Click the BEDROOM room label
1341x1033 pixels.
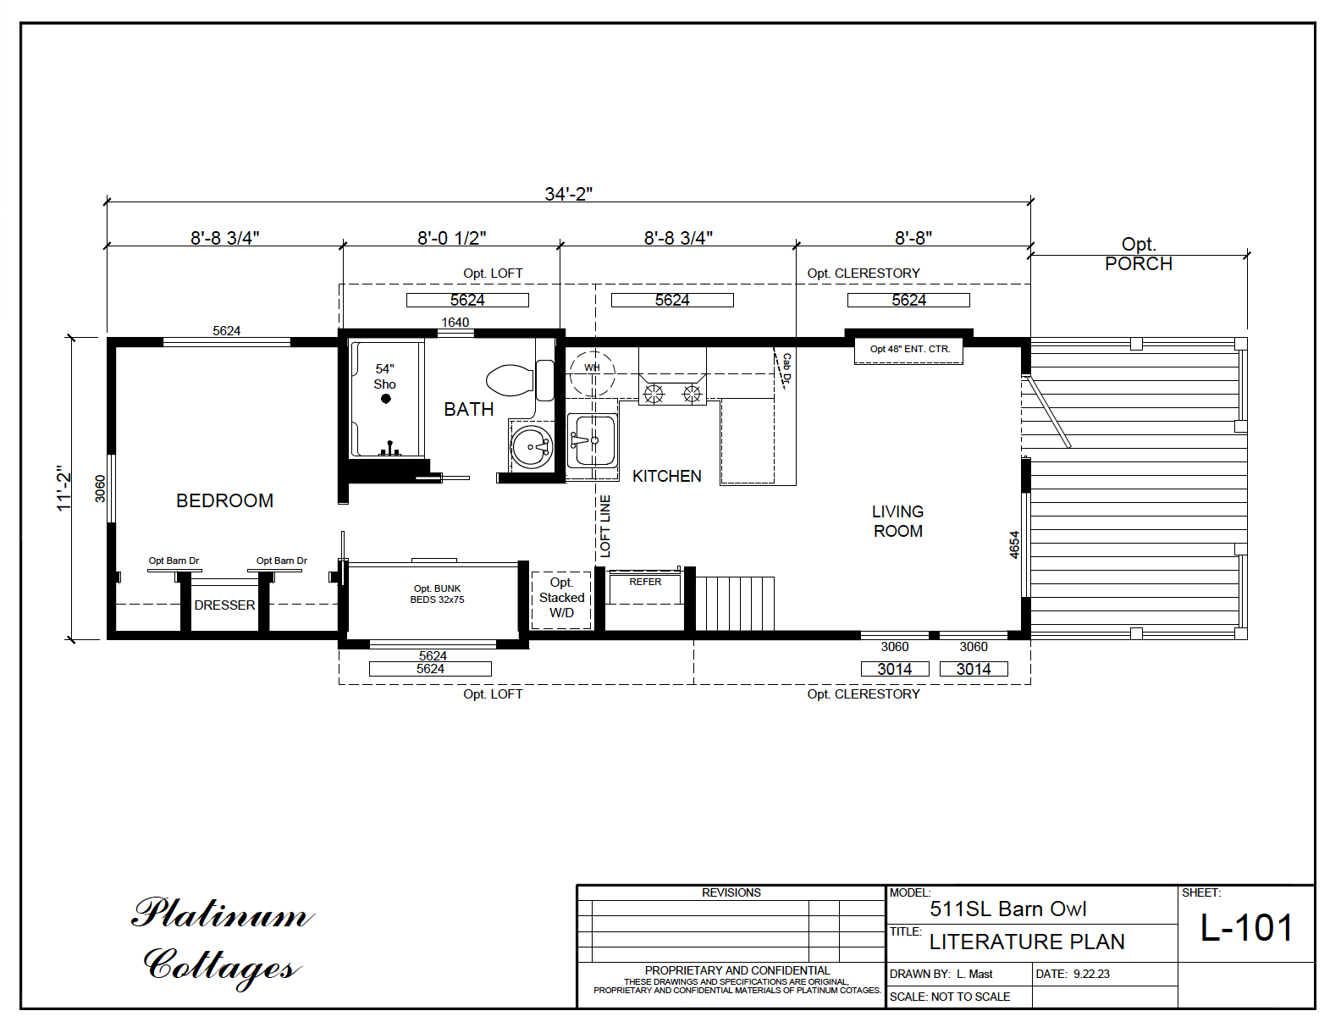tap(224, 500)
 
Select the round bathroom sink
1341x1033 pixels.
tap(532, 445)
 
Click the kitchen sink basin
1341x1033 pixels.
tap(591, 440)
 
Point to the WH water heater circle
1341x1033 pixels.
tap(593, 368)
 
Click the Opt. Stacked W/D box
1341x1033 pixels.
tap(561, 598)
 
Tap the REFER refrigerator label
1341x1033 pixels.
tap(645, 582)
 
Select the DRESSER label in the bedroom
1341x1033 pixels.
tap(224, 605)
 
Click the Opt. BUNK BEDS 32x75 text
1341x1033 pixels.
tap(437, 594)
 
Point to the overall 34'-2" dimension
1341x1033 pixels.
tap(568, 194)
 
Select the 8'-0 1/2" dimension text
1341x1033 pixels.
tap(451, 238)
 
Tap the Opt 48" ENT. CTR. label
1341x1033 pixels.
tap(909, 349)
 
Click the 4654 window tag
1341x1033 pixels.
tap(1014, 544)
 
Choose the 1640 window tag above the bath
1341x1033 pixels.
tap(455, 322)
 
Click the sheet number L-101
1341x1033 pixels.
tap(1246, 928)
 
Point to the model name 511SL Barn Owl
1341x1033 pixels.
tap(1007, 909)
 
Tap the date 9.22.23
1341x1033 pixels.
tap(1091, 974)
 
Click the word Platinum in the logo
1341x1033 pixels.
tap(222, 914)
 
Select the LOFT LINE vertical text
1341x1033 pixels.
tap(604, 526)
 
